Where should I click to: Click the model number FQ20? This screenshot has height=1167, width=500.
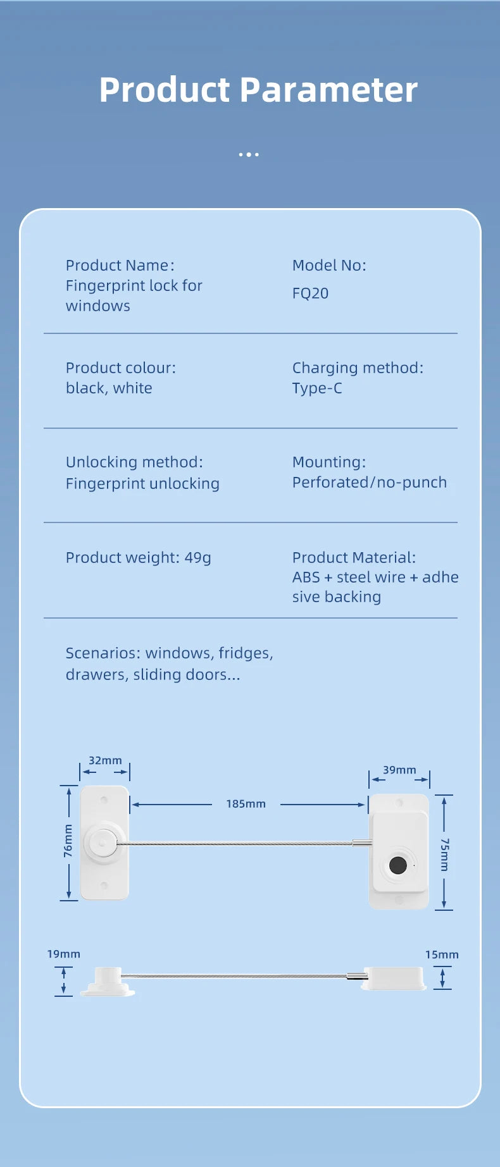tap(310, 293)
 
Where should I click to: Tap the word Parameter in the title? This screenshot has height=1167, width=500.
tap(328, 90)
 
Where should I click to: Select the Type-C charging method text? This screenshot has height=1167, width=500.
tap(317, 388)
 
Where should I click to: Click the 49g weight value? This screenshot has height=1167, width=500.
tap(197, 558)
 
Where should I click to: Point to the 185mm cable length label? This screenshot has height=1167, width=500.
tap(246, 804)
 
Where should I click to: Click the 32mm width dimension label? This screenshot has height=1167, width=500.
tap(105, 760)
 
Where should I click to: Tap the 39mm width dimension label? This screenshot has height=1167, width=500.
tap(399, 770)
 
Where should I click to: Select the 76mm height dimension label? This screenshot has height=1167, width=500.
tap(68, 841)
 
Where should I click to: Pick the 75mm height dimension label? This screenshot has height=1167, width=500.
tap(444, 855)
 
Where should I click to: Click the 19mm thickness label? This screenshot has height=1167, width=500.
tap(64, 954)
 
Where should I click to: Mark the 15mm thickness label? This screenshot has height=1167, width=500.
tap(442, 954)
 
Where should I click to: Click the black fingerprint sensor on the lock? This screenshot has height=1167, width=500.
tap(398, 865)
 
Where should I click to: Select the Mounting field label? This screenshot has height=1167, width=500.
tap(329, 462)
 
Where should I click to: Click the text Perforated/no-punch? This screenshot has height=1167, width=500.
tap(370, 483)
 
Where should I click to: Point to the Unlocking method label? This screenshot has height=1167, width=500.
tap(134, 462)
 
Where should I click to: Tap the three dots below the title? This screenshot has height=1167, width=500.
tap(249, 154)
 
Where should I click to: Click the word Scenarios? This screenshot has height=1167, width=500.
tap(103, 653)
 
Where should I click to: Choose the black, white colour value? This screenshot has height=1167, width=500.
tap(109, 388)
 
